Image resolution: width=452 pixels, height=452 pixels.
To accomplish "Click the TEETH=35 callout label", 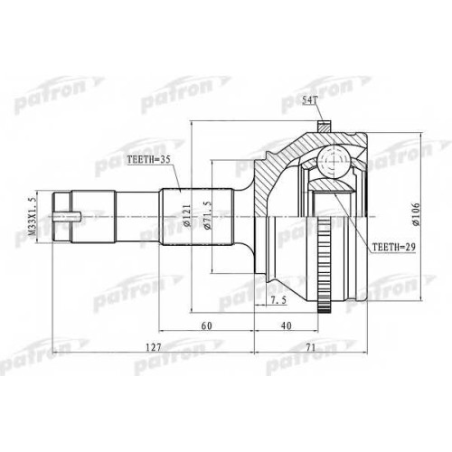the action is click(148, 160).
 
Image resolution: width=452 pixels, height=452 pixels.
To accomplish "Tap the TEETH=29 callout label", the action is click(394, 247).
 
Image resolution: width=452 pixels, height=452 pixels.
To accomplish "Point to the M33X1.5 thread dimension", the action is click(31, 217).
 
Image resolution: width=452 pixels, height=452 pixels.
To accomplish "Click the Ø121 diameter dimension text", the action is click(187, 216).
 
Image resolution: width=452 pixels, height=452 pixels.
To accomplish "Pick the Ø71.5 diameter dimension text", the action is click(208, 216).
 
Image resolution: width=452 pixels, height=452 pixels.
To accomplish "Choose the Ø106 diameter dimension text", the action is click(416, 214).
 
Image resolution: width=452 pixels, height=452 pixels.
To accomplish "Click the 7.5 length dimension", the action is click(278, 300).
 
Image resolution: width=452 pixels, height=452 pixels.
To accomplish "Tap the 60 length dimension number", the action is click(207, 325).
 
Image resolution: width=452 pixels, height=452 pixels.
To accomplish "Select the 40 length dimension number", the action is click(287, 325).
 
